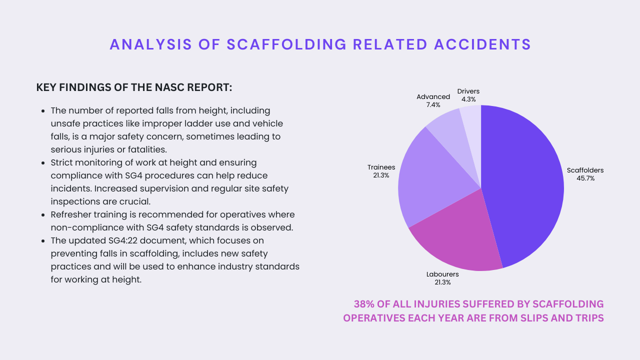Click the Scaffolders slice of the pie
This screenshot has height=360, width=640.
(522, 185)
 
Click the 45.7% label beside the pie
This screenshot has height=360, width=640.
(585, 178)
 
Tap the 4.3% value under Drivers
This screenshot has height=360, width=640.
(468, 99)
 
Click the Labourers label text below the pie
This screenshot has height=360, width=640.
(442, 274)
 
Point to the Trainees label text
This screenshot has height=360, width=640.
(381, 167)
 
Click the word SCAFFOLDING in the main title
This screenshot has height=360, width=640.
(286, 44)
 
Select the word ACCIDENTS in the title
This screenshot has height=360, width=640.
(482, 44)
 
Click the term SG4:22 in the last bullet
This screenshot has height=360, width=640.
(123, 240)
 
